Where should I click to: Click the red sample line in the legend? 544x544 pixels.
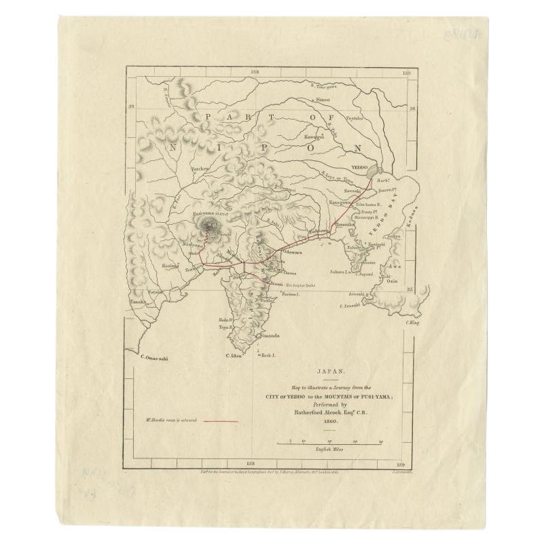(x=221, y=421)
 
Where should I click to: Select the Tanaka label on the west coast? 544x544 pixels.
(x=139, y=301)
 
